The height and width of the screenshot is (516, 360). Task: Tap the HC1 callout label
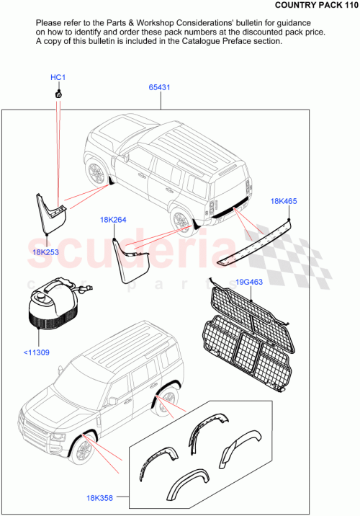[58, 77]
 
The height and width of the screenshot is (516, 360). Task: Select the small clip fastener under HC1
[58, 94]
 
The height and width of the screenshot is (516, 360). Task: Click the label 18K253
[45, 252]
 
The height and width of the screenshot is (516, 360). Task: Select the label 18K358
[100, 497]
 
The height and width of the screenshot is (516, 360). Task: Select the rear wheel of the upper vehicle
[181, 220]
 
